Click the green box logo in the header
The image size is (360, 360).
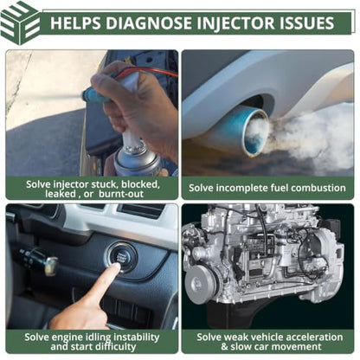coord(20,23)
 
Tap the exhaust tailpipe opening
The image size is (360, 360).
coord(256,132)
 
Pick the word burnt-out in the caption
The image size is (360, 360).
coord(121,194)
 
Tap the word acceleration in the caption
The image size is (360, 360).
coord(312,337)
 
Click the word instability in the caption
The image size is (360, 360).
coord(136,337)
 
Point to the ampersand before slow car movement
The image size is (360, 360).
coord(224,346)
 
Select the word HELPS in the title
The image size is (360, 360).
coord(75,23)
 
